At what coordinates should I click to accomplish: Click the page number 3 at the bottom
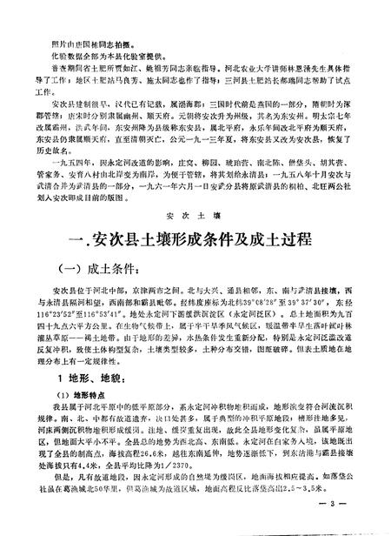point(347,523)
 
